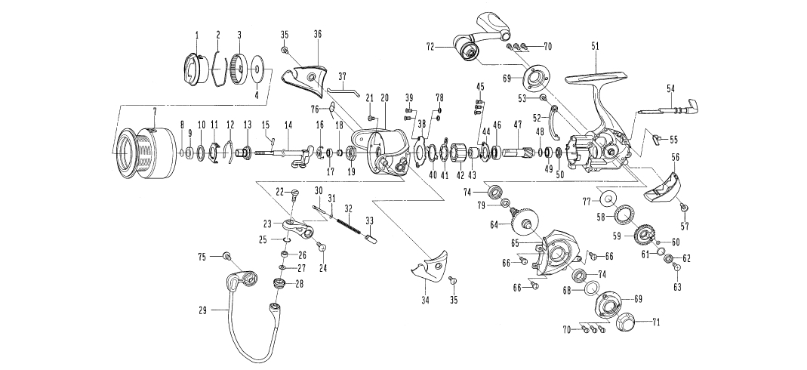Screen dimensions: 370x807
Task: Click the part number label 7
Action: point(154,111)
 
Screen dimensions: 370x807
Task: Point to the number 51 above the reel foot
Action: point(595,47)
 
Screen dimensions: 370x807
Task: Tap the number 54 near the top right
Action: point(670,89)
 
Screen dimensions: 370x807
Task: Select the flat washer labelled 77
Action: point(605,200)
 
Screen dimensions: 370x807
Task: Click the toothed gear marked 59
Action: point(644,236)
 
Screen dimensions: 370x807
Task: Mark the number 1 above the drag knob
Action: point(197,35)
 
